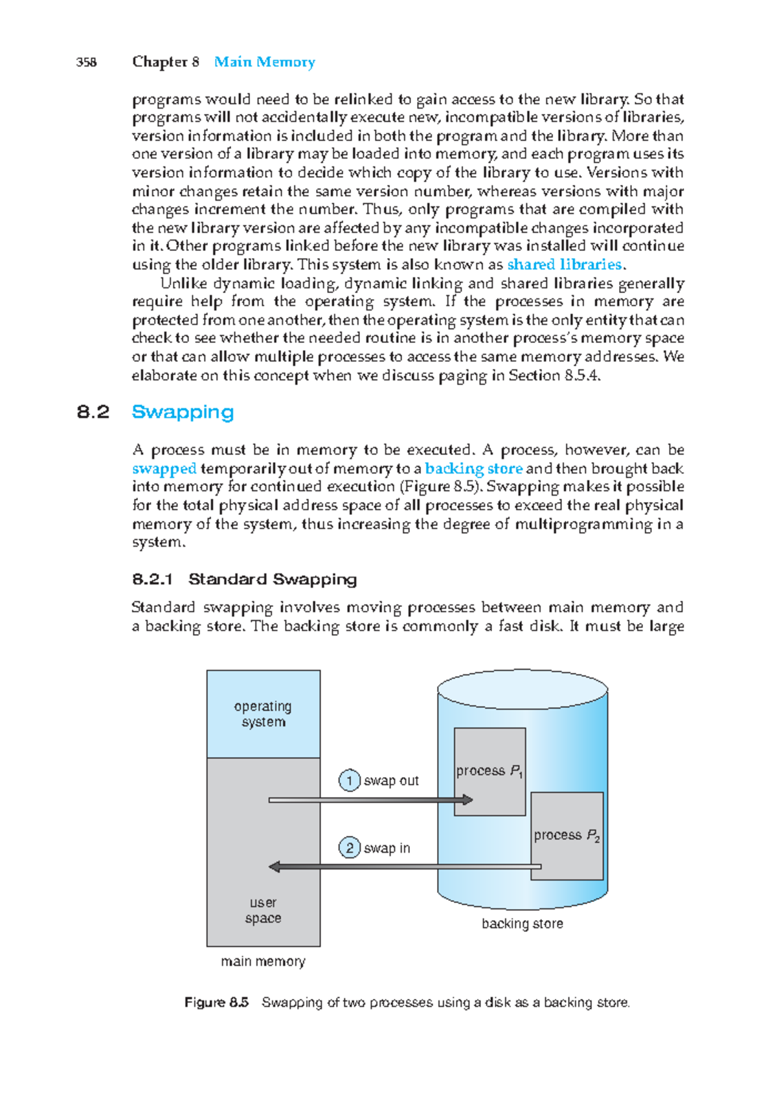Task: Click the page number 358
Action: click(86, 62)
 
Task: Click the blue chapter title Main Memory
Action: click(264, 62)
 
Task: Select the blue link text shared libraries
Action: click(564, 265)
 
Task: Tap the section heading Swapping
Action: click(183, 412)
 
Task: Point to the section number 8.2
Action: click(93, 412)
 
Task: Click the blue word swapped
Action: click(164, 468)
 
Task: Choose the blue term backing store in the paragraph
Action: click(473, 468)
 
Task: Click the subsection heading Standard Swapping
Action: click(272, 579)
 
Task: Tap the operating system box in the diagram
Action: click(263, 714)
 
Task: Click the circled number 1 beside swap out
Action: click(350, 781)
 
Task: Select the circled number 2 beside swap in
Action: click(350, 848)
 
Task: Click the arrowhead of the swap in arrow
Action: click(275, 867)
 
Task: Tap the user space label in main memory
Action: click(263, 910)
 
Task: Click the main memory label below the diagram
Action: click(263, 961)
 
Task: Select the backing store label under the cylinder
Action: click(522, 924)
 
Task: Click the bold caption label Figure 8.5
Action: click(216, 1003)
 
